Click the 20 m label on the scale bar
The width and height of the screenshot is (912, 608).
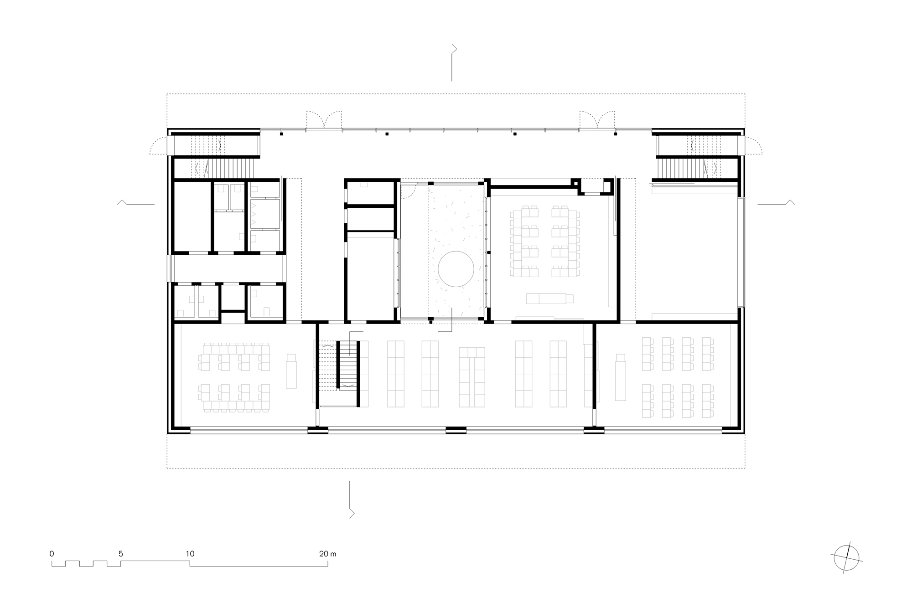click(x=327, y=554)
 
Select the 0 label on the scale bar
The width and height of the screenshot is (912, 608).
click(x=52, y=554)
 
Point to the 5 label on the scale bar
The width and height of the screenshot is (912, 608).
click(x=120, y=554)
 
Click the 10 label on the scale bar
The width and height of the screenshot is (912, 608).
click(x=190, y=554)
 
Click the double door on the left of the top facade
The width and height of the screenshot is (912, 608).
click(x=324, y=120)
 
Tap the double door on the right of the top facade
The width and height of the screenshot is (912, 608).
click(x=597, y=120)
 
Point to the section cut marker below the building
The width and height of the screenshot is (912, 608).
click(x=351, y=499)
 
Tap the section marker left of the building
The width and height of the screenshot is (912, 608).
click(x=135, y=203)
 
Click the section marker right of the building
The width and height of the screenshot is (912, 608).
click(x=777, y=203)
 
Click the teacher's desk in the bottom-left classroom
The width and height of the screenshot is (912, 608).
click(x=291, y=371)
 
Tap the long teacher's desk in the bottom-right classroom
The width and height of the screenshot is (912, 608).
click(x=620, y=377)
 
